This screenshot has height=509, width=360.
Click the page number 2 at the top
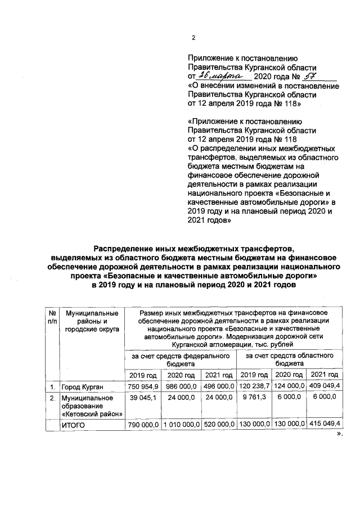pyautogui.click(x=193, y=38)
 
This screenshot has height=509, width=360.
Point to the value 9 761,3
pyautogui.click(x=254, y=397)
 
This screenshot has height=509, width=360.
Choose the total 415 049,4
pyautogui.click(x=325, y=425)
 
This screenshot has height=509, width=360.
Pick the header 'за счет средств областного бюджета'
pyautogui.click(x=289, y=360)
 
